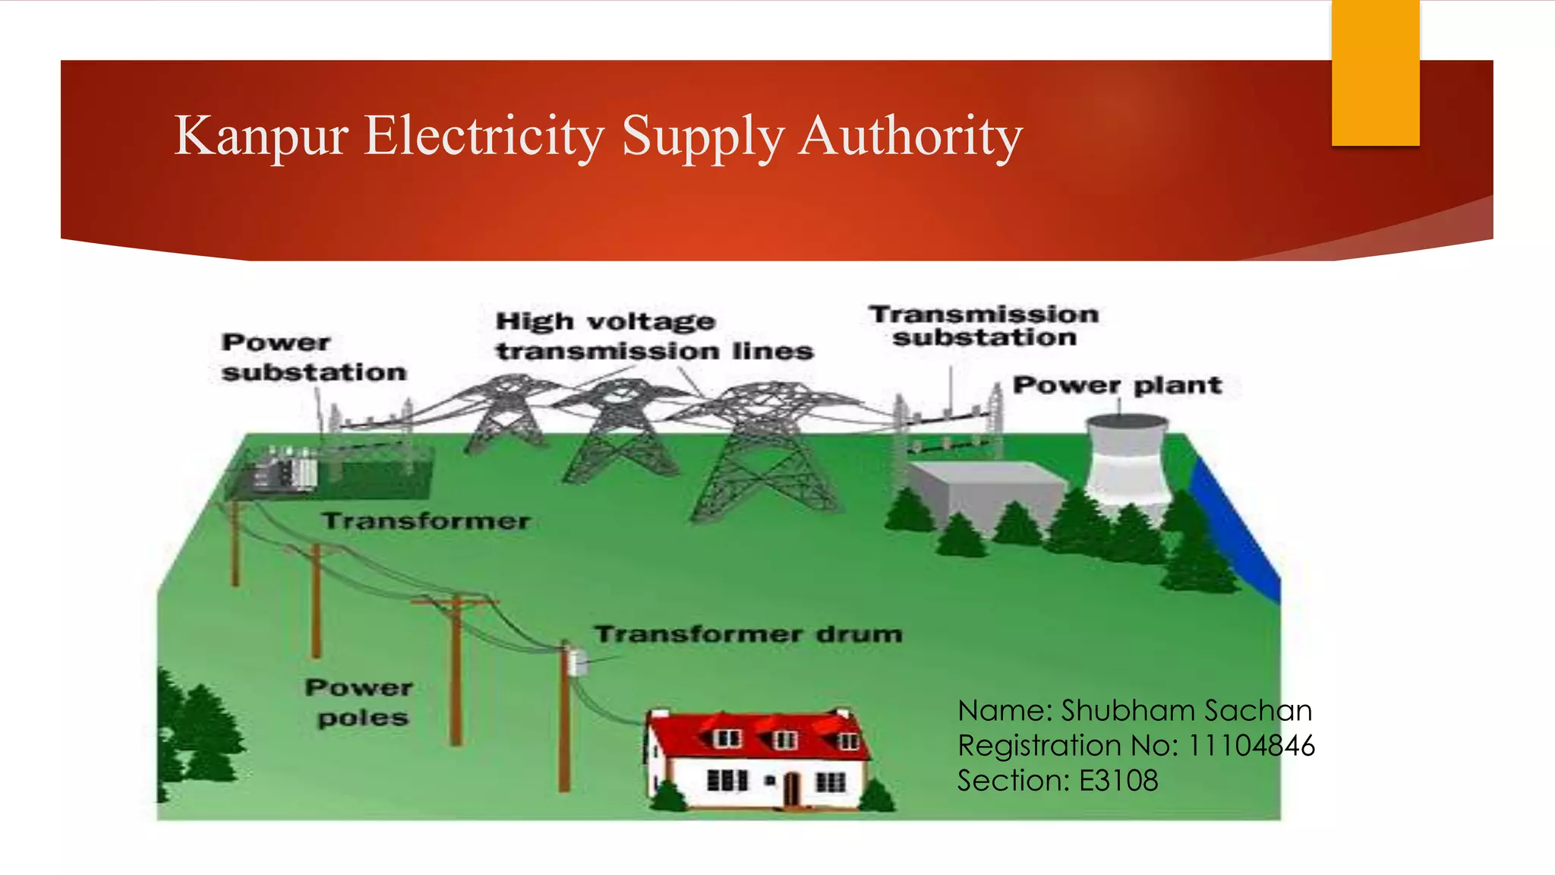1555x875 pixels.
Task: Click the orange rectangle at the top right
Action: [1375, 72]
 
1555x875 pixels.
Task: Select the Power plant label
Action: [1117, 385]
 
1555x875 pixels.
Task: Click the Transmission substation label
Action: [984, 326]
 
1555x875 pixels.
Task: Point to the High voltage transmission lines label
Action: [653, 336]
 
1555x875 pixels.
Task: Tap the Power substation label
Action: [314, 357]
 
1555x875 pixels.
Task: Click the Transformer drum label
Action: [748, 634]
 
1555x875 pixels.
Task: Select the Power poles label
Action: [359, 703]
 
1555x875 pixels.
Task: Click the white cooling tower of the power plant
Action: [1128, 463]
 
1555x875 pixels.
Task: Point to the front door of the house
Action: [791, 788]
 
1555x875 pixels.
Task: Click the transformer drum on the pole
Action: [579, 662]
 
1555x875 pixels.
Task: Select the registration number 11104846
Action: [1251, 746]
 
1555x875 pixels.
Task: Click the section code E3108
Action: [1118, 781]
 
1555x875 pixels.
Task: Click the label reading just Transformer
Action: [425, 521]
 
